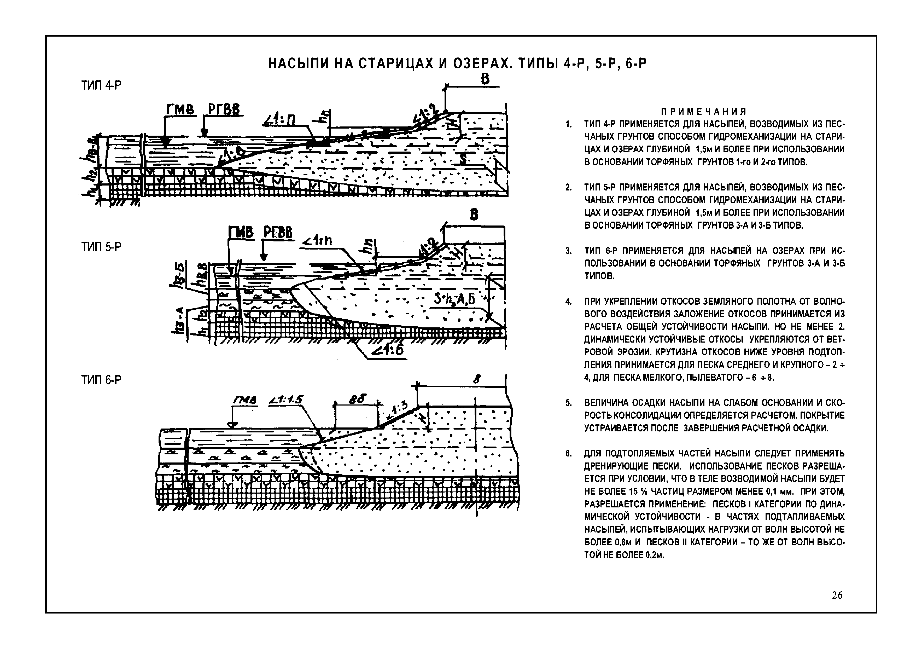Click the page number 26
point(837,606)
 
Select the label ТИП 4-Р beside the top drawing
point(101,85)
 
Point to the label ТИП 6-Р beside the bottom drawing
point(101,380)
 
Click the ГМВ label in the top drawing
point(179,109)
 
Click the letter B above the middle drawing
point(474,215)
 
